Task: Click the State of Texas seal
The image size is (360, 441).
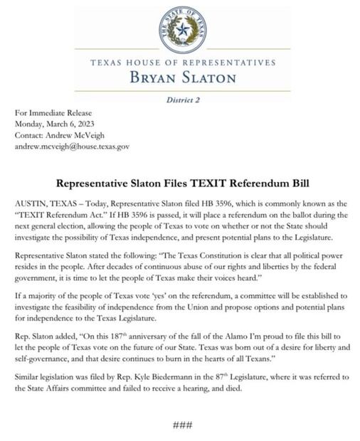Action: pos(183,30)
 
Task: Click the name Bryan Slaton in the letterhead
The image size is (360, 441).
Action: pos(183,77)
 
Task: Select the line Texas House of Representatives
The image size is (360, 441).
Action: pos(183,63)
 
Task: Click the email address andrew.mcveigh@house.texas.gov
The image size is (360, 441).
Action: pos(72,145)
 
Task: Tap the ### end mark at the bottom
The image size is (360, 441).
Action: pos(182,425)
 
